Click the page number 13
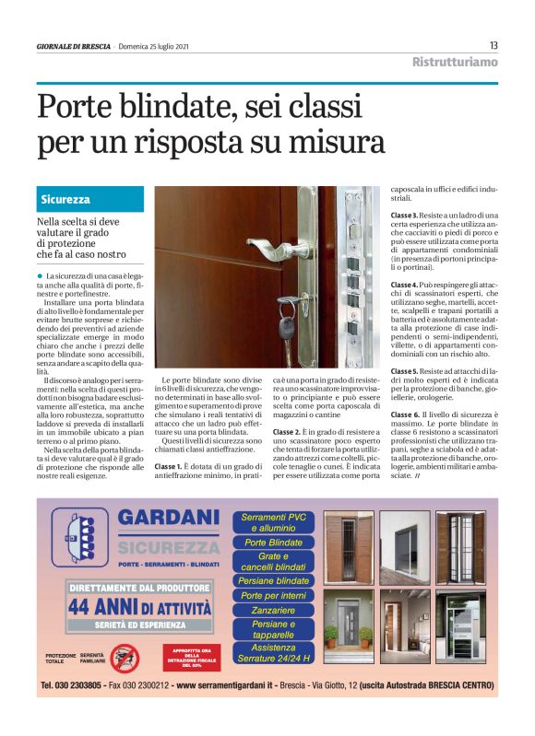493,45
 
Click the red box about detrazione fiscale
192,656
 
